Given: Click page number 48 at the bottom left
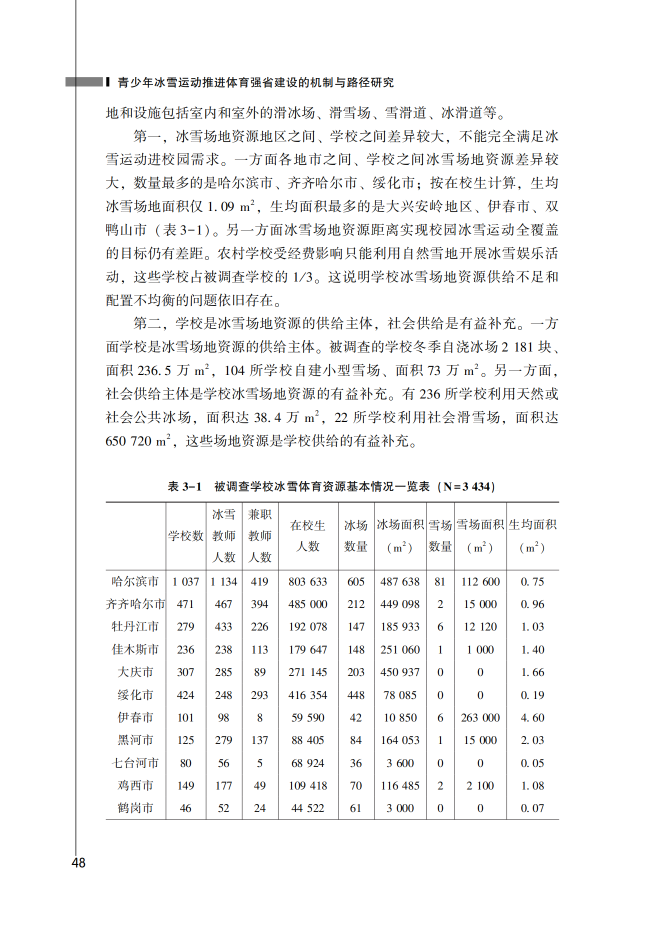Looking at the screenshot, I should [x=78, y=862].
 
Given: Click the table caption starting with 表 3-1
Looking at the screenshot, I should [x=331, y=486].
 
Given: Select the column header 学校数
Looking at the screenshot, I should [x=185, y=535].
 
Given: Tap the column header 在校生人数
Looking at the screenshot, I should [x=307, y=535].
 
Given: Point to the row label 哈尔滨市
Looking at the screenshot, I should [x=135, y=581].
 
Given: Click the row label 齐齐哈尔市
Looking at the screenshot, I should [x=135, y=604].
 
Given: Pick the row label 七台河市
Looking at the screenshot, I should [x=135, y=763].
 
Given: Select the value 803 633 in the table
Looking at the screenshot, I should [x=307, y=581].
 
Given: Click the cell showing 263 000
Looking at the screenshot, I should [x=480, y=717].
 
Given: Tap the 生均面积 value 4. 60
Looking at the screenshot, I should [x=532, y=717].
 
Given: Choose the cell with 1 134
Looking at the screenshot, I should [x=223, y=581].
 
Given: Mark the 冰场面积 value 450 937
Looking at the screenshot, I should [x=400, y=672].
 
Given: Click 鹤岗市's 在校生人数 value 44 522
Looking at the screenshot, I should [x=307, y=808].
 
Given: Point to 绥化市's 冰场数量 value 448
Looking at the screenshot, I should [x=355, y=695].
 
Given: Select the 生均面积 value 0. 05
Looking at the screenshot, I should [x=532, y=763].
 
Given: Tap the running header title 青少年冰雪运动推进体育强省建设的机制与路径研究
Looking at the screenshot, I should [x=255, y=82].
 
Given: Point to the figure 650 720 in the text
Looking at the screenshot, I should [x=128, y=441].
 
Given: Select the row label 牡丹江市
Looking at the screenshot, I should [x=135, y=626].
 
